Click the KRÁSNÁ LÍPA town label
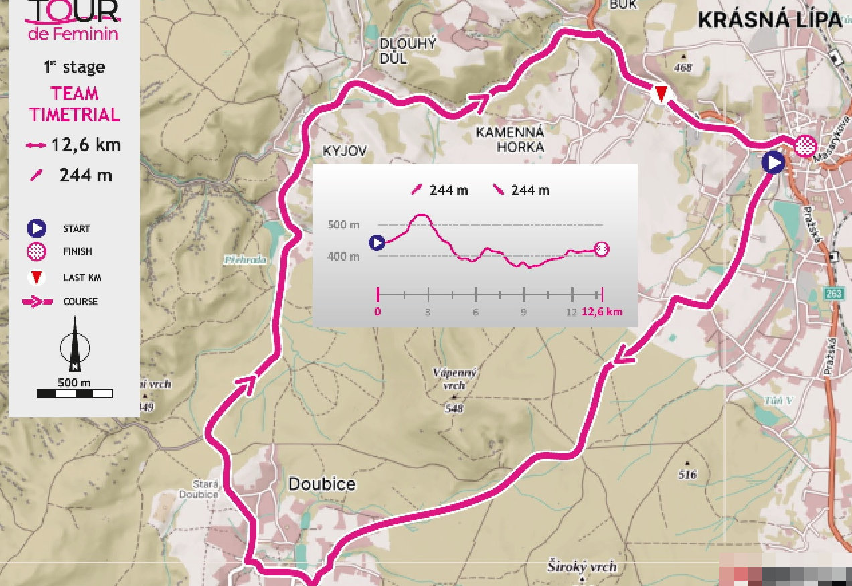pyautogui.click(x=770, y=20)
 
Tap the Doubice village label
pyautogui.click(x=322, y=484)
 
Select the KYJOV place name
pyautogui.click(x=345, y=151)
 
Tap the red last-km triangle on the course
pyautogui.click(x=661, y=94)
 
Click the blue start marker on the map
pyautogui.click(x=774, y=163)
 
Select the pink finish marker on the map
pyautogui.click(x=805, y=144)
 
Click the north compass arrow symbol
pyautogui.click(x=75, y=345)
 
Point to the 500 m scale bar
pyautogui.click(x=75, y=394)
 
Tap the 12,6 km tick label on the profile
pyautogui.click(x=602, y=312)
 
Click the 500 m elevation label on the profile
pyautogui.click(x=344, y=224)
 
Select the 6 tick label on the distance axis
pyautogui.click(x=475, y=313)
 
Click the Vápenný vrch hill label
pyautogui.click(x=454, y=379)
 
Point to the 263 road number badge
pyautogui.click(x=835, y=294)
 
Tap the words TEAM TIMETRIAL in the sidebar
pyautogui.click(x=74, y=104)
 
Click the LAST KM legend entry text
pyautogui.click(x=82, y=277)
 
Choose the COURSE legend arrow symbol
pyautogui.click(x=37, y=302)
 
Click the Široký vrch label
pyautogui.click(x=582, y=567)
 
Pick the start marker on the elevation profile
pyautogui.click(x=377, y=242)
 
